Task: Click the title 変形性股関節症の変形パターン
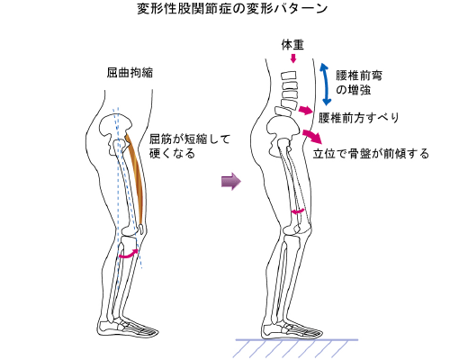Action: coord(232,9)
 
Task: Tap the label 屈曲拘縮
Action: coord(130,73)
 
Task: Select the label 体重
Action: coord(292,45)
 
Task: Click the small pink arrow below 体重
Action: coord(293,58)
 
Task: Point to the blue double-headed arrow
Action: coord(325,84)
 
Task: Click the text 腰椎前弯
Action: coord(359,76)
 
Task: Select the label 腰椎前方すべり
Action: coord(359,118)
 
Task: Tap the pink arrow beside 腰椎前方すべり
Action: coord(306,110)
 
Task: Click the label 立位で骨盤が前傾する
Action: coord(371,154)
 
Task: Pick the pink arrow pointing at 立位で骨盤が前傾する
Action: coord(313,136)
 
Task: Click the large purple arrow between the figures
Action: coord(231,181)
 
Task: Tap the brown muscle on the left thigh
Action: coord(136,180)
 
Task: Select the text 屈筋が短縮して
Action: coord(190,139)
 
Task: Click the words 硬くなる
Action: coord(173,153)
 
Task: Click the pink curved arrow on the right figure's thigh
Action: coord(298,211)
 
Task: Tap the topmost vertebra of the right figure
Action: coord(289,76)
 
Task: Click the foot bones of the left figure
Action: coord(128,328)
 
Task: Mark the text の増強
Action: coord(353,90)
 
